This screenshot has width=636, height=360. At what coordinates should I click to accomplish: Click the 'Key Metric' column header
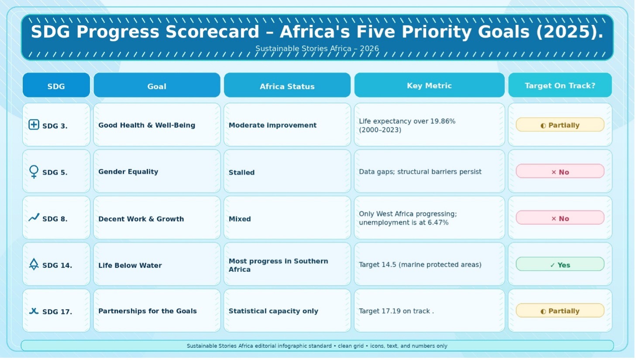pos(429,85)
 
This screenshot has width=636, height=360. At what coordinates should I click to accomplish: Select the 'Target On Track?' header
pos(560,85)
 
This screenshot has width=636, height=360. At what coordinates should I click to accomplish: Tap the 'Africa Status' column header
pos(287,85)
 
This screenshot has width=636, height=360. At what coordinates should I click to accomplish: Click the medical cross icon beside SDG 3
pos(34,125)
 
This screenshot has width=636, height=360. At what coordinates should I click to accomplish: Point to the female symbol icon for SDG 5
pos(34,172)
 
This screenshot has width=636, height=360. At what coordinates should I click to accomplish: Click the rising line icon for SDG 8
pos(34,217)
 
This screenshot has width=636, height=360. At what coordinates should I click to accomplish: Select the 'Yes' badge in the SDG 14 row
pos(560,264)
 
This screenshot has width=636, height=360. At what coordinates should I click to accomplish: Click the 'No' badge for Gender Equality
pos(560,171)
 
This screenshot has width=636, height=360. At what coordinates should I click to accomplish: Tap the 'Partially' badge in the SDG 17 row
pos(560,310)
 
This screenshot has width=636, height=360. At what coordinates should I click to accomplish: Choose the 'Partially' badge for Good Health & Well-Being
pos(560,125)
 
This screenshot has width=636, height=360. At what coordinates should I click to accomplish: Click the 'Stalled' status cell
pos(287,171)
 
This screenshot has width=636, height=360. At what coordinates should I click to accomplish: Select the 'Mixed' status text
pos(240,219)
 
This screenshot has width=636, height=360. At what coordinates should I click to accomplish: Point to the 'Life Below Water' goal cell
pos(157,264)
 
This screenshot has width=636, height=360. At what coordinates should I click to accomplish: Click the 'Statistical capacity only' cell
pos(287,311)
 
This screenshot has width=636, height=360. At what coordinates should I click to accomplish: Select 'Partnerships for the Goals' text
pos(148,311)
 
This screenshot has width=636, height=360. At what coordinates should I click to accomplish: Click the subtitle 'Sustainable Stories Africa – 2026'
pos(317,48)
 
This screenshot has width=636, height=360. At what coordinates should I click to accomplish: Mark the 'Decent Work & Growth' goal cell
pos(157,217)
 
